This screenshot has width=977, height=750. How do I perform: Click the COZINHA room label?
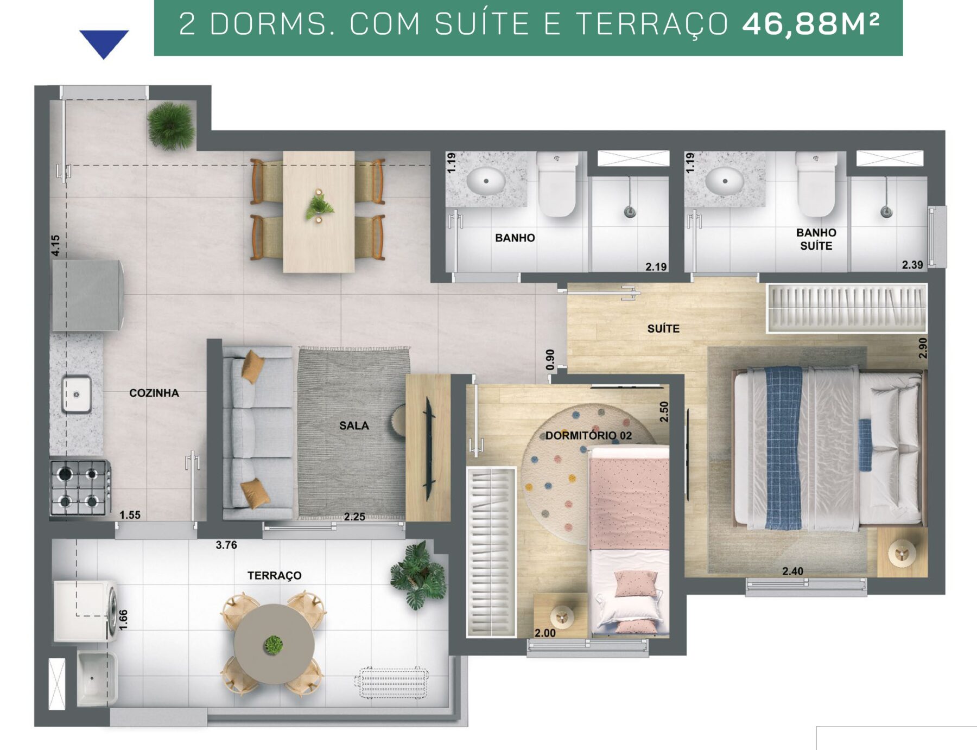point(154,393)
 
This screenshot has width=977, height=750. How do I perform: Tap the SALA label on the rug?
point(354,426)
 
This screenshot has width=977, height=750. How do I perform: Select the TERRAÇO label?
point(274,575)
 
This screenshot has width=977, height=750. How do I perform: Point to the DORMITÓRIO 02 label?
point(588,435)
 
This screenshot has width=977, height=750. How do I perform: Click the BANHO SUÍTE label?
point(816,239)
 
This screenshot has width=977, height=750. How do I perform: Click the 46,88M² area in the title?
point(810,24)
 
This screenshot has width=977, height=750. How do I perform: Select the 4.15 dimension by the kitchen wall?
point(55,245)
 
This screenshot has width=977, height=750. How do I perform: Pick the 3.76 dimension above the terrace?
point(226,545)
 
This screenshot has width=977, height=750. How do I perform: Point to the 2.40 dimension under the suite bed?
point(792,571)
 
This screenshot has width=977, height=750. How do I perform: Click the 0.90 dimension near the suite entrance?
point(550,360)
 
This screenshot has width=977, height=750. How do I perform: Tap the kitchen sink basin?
point(76,395)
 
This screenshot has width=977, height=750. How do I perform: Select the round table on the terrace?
point(274,644)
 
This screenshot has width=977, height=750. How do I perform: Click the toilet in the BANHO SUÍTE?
point(816,185)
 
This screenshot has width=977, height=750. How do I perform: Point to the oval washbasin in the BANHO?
point(486,181)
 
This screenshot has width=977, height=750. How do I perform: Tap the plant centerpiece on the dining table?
point(319,206)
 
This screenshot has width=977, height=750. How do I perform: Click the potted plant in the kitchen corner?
point(171,126)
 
